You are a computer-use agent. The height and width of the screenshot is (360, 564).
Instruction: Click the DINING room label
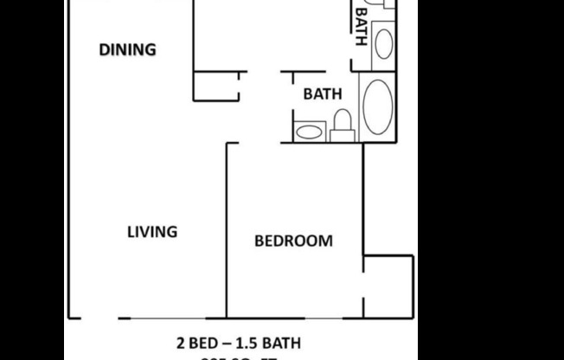(127, 49)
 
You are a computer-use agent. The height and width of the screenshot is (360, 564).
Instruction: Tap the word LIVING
(152, 232)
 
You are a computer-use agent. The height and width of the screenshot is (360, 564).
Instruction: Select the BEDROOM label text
(293, 241)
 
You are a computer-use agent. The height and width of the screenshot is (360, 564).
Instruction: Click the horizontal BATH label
(322, 94)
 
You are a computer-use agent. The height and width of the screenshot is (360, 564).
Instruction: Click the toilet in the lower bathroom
(342, 124)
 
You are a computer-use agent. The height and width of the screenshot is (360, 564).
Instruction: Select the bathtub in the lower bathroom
(377, 106)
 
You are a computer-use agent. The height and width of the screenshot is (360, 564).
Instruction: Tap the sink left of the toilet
(308, 132)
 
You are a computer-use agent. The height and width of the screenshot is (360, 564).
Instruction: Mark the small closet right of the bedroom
(388, 283)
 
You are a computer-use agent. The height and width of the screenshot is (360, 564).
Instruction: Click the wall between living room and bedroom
(227, 229)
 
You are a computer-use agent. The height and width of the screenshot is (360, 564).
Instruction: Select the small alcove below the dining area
(215, 87)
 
